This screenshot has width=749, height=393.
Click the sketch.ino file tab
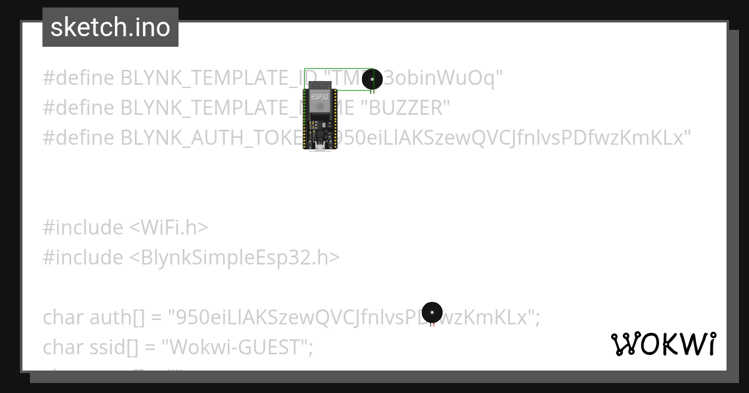(x=110, y=27)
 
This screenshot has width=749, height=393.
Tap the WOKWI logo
(x=663, y=344)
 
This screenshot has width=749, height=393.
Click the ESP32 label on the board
(x=320, y=97)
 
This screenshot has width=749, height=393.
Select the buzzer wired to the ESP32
(x=372, y=79)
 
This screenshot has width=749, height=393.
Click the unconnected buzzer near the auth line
(x=432, y=312)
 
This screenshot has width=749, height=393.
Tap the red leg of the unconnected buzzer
(x=431, y=325)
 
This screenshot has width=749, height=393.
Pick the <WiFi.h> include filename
(x=169, y=228)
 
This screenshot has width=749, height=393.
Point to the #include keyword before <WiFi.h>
(x=83, y=228)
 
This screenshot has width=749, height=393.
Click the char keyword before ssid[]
(x=61, y=347)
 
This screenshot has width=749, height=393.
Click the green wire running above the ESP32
(x=337, y=69)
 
